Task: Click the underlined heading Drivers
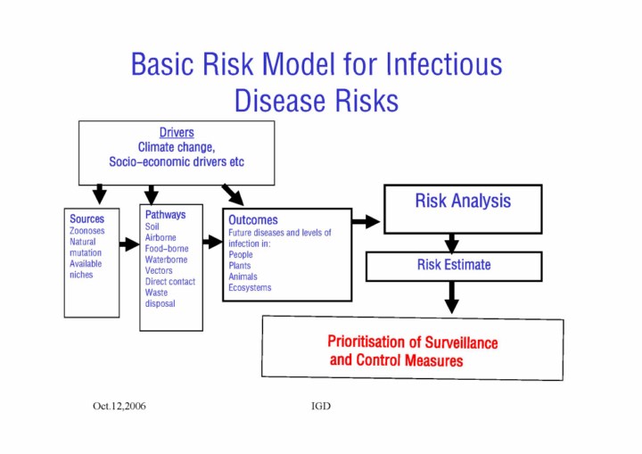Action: [x=177, y=133]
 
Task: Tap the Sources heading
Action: [x=86, y=219]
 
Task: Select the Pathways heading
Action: [x=165, y=215]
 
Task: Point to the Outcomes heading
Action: [x=252, y=219]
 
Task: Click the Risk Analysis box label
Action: [x=463, y=201]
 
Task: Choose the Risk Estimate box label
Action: [x=453, y=265]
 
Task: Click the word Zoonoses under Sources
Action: [x=88, y=230]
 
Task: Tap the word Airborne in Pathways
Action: [x=160, y=238]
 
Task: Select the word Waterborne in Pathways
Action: [x=166, y=260]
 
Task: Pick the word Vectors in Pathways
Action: [x=159, y=270]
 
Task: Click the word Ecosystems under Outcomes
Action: [x=250, y=287]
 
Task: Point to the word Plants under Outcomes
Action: [x=240, y=266]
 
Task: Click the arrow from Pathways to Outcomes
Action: [x=212, y=242]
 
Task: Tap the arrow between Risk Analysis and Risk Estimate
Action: [x=452, y=243]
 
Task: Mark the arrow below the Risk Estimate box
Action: [x=452, y=296]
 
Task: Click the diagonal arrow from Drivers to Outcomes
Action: [x=233, y=194]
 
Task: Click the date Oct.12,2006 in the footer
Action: [x=119, y=406]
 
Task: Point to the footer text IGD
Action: [x=321, y=406]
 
